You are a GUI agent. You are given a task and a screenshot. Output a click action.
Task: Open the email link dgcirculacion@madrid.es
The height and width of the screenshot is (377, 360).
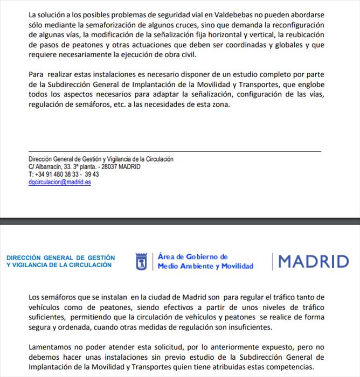click(60, 182)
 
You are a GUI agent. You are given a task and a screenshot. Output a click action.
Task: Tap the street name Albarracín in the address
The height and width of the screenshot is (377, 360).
click(48, 167)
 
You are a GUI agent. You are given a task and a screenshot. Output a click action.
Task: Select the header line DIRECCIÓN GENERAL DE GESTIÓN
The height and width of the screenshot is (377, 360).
click(60, 258)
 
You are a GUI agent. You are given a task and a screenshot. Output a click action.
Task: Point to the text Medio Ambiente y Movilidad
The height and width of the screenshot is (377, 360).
click(205, 266)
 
